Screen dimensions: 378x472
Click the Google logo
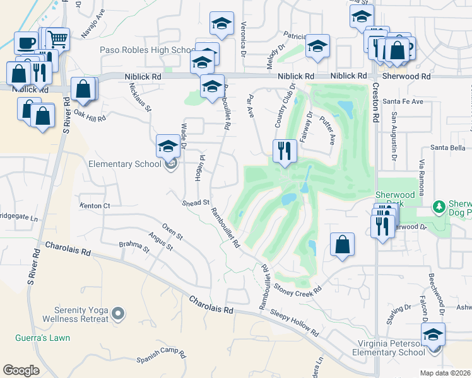pos(21,370)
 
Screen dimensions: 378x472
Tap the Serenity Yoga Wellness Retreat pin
pos(117,313)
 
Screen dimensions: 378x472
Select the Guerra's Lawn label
pos(44,338)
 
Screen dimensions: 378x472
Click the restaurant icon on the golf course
pos(285,151)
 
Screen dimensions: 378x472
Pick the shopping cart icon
pos(57,39)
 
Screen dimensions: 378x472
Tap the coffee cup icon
pos(26,43)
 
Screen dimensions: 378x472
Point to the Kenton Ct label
pos(95,206)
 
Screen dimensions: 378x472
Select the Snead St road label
pos(196,203)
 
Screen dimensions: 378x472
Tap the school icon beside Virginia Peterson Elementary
pos(434,334)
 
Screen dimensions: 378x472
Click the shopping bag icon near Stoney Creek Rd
pos(342,244)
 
